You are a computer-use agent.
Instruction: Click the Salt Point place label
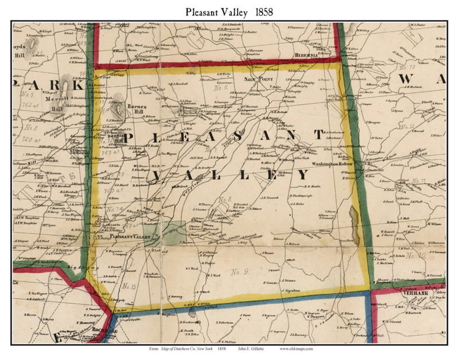(x=254, y=79)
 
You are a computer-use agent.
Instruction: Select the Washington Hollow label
(x=332, y=164)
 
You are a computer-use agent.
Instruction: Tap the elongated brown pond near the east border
(x=354, y=225)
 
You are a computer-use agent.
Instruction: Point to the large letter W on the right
(x=405, y=79)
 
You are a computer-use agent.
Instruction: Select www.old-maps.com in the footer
(x=296, y=349)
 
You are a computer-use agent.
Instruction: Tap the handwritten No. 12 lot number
(x=408, y=127)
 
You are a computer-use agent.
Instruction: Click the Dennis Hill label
(x=117, y=138)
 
